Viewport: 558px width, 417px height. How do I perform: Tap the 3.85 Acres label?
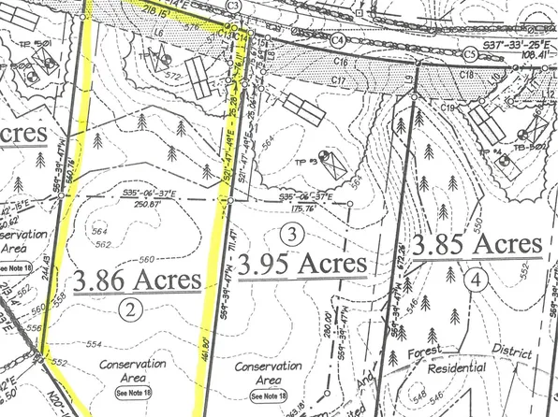click(478, 246)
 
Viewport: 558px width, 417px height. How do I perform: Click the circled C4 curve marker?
click(337, 40)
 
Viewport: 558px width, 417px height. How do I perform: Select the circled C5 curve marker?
click(469, 55)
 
